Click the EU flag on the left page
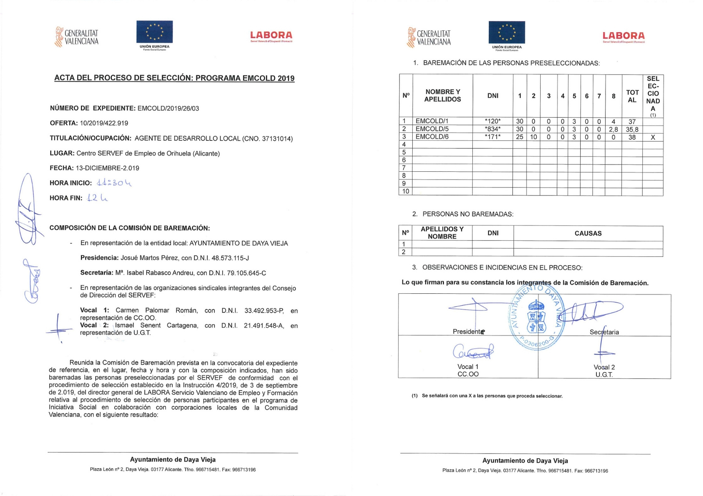pos(154,32)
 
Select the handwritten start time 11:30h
pos(114,183)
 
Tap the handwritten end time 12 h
pos(97,198)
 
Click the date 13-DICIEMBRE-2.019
pos(107,168)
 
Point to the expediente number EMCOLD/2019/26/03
pos(168,108)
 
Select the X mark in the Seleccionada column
pos(652,137)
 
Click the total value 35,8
pos(632,129)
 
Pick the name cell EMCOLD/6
pos(432,137)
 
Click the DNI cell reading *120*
pos(492,121)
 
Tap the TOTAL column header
pos(632,96)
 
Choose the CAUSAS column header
pos(588,233)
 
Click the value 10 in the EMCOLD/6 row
pos(533,137)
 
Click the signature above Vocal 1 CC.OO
pos(473,352)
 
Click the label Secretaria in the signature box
pos(604,332)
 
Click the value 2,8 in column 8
pos(613,129)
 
